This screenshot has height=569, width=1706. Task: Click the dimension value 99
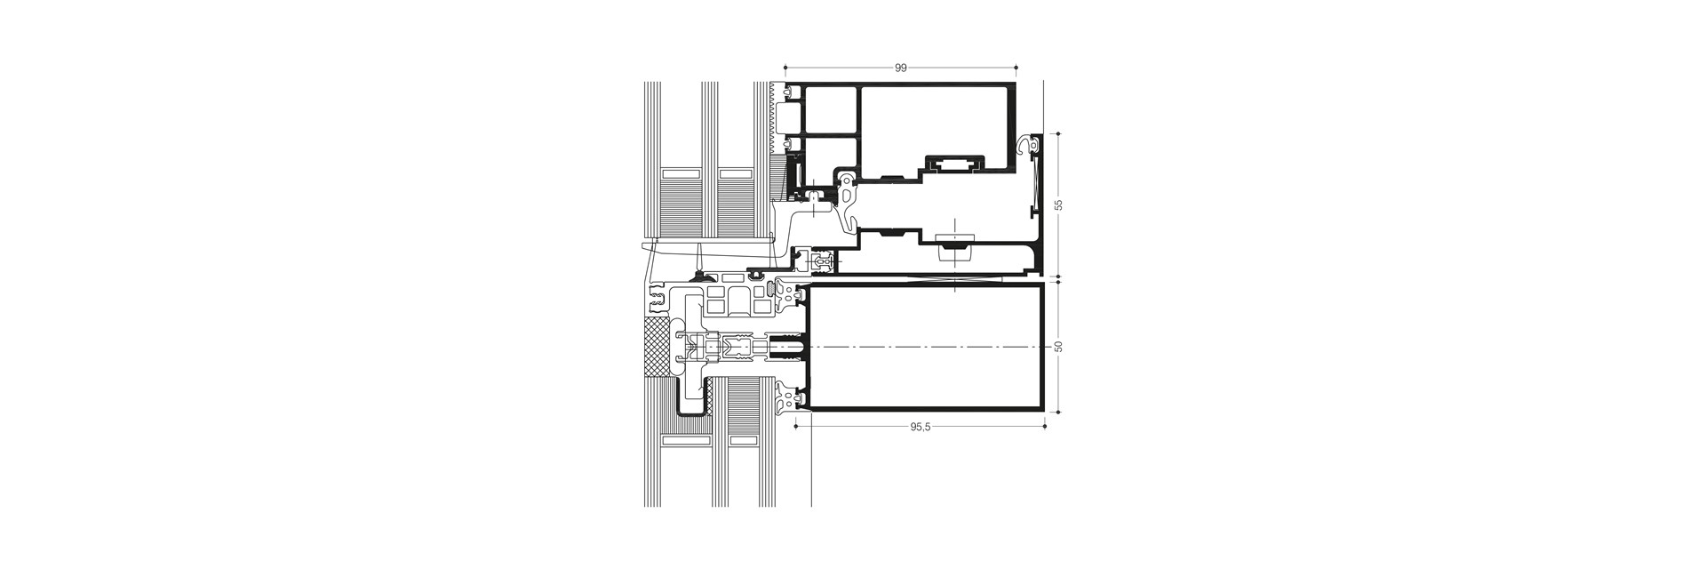901,68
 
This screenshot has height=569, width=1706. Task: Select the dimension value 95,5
920,427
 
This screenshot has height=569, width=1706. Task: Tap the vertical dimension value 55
1058,205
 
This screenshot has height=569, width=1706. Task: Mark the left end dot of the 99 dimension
785,67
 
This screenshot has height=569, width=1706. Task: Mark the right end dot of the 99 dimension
1016,67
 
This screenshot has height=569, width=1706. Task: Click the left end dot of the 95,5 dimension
794,427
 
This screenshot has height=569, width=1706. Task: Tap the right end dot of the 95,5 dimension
1045,427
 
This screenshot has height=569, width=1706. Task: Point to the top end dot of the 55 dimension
1058,133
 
